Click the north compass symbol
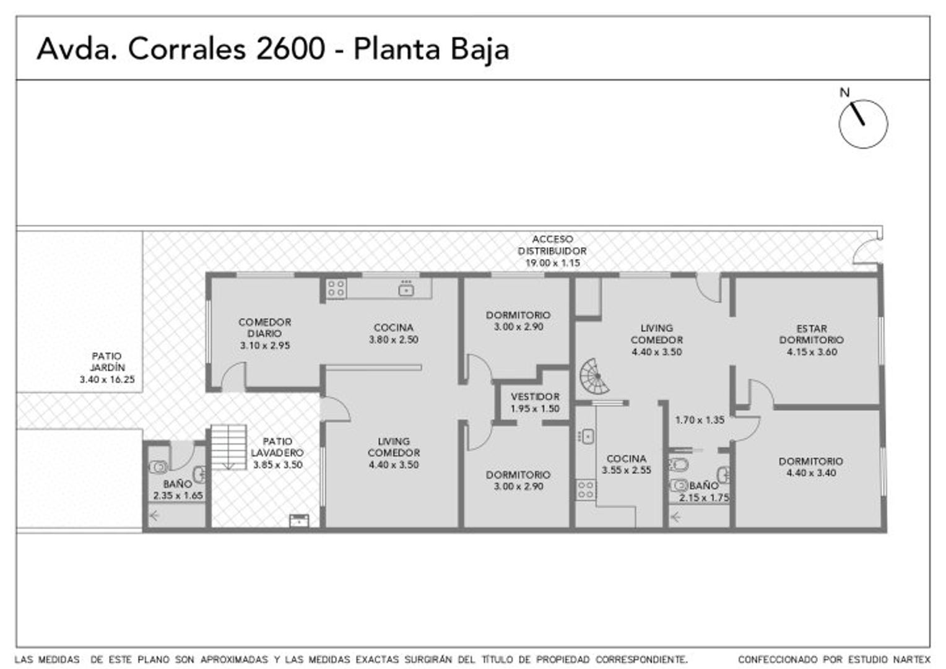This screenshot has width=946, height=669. point(862,123)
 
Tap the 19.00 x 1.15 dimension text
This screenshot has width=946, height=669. point(552,263)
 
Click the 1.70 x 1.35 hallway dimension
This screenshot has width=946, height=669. point(700,420)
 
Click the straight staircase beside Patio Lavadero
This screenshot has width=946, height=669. point(228,447)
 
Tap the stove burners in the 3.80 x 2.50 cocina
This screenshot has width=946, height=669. point(336,289)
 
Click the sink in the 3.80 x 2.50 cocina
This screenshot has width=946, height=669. point(406,288)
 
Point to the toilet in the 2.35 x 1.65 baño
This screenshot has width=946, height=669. point(158,466)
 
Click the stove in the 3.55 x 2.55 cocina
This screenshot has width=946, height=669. point(586,489)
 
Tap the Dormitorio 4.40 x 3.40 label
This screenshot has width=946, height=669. point(810,467)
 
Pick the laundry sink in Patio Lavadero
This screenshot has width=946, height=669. point(299,520)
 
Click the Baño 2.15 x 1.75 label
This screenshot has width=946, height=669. point(704,491)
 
